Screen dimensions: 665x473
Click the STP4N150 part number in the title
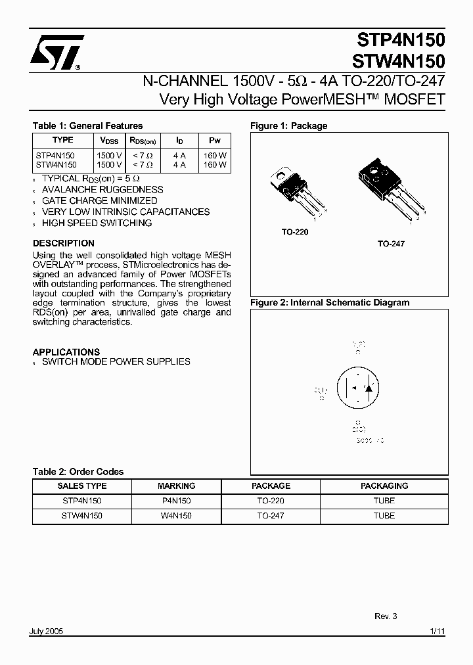398,40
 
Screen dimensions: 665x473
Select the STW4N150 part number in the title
398,61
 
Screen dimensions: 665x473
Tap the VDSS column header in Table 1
109,141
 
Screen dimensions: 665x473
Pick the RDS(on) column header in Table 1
143,141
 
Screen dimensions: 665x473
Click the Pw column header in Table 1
215,141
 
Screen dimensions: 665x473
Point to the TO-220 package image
296,191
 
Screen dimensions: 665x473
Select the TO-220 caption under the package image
295,232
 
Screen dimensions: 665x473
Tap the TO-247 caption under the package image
391,243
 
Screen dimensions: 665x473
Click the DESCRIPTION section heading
64,242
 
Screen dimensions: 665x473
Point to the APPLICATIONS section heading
66,352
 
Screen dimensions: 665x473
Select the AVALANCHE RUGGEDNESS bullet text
102,189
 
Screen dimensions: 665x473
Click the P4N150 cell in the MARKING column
176,501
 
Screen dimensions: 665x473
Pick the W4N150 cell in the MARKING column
176,516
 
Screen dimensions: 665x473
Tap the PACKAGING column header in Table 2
384,486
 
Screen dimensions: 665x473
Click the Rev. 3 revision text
386,616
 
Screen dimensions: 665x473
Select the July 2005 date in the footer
47,631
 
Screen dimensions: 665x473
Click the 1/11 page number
437,631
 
